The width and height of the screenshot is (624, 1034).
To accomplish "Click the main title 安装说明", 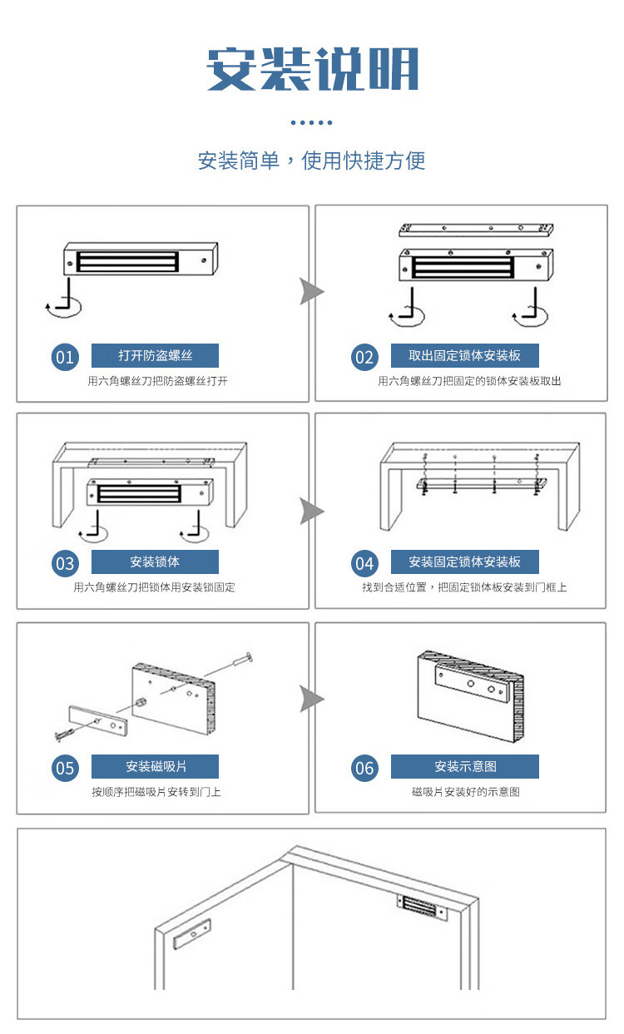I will point(312,70).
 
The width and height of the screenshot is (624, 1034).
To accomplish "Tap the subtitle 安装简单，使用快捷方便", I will point(312,161).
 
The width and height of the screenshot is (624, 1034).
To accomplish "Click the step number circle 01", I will point(65,357).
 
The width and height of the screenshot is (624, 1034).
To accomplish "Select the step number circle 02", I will point(364,357).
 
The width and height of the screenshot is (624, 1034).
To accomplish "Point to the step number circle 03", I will point(65,563).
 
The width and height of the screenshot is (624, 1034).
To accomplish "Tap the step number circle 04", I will point(364,563).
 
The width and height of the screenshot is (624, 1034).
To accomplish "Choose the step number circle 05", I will point(65,768).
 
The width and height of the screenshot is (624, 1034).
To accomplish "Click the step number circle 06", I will point(364,768).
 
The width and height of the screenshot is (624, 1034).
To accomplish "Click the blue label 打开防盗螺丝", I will point(155,355).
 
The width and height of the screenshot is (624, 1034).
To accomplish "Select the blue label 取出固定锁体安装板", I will point(465,355).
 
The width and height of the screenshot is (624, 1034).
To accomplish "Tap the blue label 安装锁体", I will point(155,562).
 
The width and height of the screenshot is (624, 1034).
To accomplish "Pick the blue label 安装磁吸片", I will point(155,766).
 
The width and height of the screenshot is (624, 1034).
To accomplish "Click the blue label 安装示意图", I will point(465,766).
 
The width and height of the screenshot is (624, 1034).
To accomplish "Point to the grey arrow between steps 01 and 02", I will point(311,291).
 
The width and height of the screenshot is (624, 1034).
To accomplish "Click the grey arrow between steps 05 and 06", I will point(311,699).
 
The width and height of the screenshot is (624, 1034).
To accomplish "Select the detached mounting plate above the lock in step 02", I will point(477,229).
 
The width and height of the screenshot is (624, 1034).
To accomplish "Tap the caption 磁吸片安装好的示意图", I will point(465,792).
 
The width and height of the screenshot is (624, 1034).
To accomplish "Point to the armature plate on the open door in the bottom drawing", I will point(192,934).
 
